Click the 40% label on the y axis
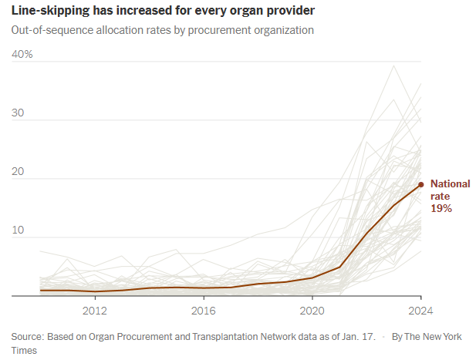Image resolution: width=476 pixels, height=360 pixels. coord(22,54)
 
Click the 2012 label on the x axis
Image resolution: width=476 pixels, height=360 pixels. coord(94,311)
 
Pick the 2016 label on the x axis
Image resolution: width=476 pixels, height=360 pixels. coord(203,311)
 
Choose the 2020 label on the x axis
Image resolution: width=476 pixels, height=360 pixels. coord(312,311)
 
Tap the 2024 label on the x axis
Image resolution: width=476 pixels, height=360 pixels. coord(420,311)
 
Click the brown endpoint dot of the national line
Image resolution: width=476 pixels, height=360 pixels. coord(420,184)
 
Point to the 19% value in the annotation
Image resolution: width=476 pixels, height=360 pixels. coord(441,209)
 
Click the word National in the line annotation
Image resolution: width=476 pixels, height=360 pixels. coord(450,183)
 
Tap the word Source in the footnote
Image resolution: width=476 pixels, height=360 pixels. coord(27,337)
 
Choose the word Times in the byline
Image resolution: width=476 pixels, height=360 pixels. coord(25,351)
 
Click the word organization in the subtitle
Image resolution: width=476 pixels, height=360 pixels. coord(285,31)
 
